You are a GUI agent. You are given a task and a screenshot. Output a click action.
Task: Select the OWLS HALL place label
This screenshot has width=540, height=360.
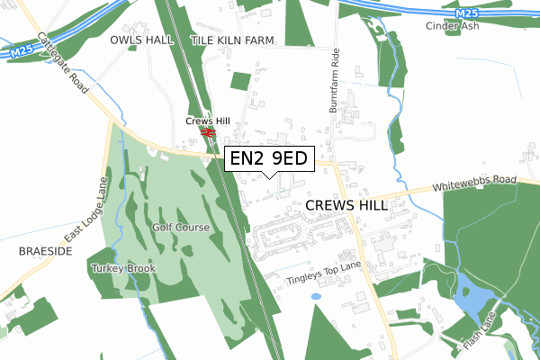pyautogui.click(x=141, y=41)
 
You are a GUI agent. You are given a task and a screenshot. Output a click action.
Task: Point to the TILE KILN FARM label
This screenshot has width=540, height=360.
pyautogui.click(x=233, y=41)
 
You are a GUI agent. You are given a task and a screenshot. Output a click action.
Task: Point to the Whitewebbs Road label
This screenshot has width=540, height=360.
pyautogui.click(x=474, y=183)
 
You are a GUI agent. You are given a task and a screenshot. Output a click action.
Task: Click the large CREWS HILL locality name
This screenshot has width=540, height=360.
pyautogui.click(x=346, y=205)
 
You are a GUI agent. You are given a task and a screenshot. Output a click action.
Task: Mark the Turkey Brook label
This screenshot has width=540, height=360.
pyautogui.click(x=123, y=268)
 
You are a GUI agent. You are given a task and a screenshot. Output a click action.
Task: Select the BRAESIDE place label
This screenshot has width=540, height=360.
pyautogui.click(x=44, y=252)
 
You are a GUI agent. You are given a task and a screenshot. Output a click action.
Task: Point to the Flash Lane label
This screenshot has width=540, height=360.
pyautogui.click(x=481, y=332)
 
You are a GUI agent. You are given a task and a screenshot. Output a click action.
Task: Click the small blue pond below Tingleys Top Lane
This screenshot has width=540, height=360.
pyautogui.click(x=315, y=296)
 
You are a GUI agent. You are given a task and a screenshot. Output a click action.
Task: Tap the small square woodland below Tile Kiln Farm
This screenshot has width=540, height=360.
pyautogui.click(x=239, y=81)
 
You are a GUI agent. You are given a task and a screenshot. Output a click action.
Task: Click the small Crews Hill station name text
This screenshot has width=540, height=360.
pyautogui.click(x=208, y=121)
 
